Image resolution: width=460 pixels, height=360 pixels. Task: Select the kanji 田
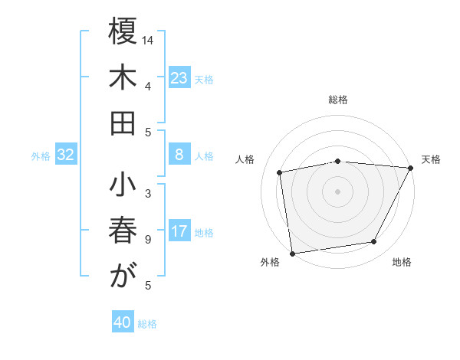(123, 123)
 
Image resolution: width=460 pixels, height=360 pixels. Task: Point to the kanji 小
(123, 186)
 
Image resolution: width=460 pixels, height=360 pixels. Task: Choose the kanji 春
(123, 231)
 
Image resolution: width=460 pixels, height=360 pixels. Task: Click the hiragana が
(123, 277)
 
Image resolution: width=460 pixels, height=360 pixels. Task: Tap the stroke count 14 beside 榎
(148, 39)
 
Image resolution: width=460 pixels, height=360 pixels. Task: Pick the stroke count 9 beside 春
(148, 240)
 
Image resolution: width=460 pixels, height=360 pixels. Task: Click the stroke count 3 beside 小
(148, 193)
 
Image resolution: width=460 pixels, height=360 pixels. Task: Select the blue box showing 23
(179, 77)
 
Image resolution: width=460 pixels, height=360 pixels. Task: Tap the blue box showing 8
(179, 155)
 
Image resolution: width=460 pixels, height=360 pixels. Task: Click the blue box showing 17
(179, 231)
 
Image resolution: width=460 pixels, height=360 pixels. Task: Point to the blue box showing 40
(123, 322)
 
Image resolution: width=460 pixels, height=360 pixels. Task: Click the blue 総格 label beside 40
(148, 324)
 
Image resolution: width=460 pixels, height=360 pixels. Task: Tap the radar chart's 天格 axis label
(431, 159)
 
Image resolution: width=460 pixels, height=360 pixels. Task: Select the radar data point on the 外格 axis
(292, 253)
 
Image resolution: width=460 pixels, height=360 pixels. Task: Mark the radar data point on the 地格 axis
(374, 242)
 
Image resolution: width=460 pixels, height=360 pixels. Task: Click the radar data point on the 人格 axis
(281, 172)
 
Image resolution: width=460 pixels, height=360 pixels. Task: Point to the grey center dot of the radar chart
(337, 191)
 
